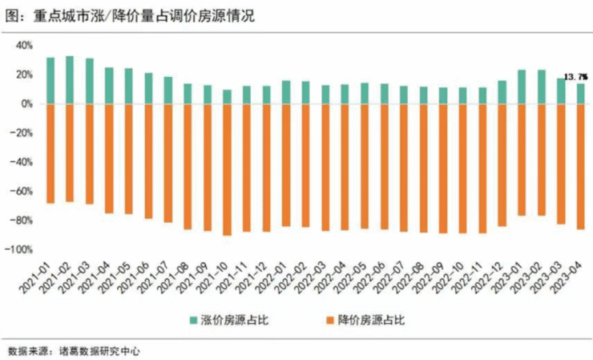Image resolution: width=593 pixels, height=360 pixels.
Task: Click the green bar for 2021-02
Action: pos(70,80)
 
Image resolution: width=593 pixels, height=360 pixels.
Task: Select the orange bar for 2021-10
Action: pos(227,169)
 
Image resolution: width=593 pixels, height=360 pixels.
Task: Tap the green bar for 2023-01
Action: pos(522,87)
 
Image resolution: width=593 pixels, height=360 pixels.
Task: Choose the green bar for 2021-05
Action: pos(129,86)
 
